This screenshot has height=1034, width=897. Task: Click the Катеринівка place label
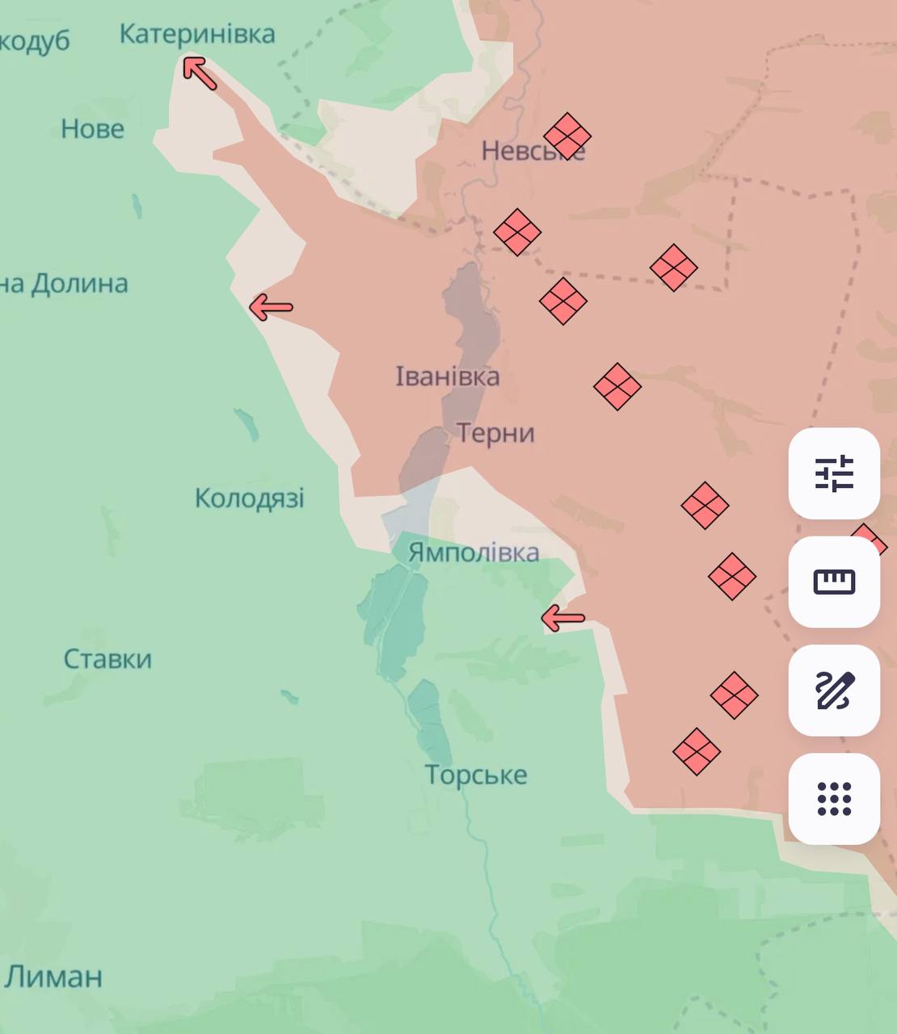coord(197,34)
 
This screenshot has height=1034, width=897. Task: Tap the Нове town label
coord(93,128)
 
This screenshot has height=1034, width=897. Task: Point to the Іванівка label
coord(447,376)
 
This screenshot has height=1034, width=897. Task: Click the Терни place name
coord(495,433)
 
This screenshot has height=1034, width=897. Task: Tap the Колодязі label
coord(250,498)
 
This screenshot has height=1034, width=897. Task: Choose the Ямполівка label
coord(474,553)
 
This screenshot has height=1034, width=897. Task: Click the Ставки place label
coord(107,659)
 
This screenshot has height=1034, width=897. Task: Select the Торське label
coord(476,775)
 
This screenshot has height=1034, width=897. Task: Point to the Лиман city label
coord(53,977)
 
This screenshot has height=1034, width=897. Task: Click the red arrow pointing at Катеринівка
coord(200,72)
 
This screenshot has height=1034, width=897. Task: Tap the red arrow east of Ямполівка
coord(562,619)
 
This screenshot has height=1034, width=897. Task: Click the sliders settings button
coord(834,473)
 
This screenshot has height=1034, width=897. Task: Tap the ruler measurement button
coord(834,582)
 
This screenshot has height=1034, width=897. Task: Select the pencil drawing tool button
coord(834,690)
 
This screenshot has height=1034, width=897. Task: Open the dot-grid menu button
coord(834,799)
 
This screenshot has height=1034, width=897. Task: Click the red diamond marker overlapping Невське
coord(567,136)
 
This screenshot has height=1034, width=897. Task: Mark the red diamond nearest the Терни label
coord(617,386)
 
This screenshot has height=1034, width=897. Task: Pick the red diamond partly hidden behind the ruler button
coord(868,541)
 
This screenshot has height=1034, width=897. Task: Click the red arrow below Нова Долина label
coord(271,307)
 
